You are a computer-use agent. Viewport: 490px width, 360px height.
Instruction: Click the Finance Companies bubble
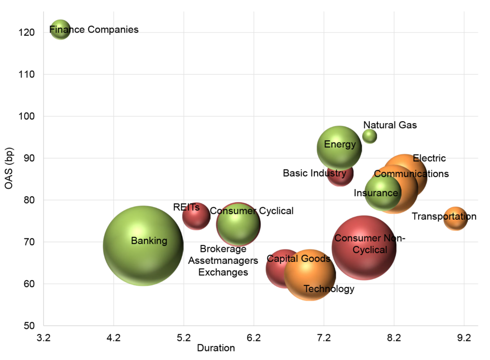coord(60,30)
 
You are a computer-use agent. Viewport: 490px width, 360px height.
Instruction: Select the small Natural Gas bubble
coord(369,136)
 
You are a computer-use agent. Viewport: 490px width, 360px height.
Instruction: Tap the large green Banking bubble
coord(143,246)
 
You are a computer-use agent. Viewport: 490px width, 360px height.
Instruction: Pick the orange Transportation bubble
coord(455,219)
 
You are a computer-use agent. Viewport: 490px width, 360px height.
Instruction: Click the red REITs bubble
coord(196,216)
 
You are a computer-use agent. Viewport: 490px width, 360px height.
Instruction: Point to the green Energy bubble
coord(339,148)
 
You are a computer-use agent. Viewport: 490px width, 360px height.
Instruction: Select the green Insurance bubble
coord(383,193)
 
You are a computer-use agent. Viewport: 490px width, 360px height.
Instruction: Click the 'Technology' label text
coord(329,289)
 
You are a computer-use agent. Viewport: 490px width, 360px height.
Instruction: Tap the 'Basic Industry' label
coord(314,173)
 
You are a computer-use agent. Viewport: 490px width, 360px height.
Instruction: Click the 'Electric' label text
coord(429,158)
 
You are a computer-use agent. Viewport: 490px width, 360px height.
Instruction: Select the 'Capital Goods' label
coord(298,259)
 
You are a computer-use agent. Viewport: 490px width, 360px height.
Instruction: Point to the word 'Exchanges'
coord(223,272)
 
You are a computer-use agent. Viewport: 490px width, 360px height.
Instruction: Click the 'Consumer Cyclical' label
coord(251,211)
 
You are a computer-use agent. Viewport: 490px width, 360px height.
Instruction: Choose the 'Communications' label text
coord(411,174)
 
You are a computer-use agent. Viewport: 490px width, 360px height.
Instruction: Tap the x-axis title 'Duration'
coord(216,348)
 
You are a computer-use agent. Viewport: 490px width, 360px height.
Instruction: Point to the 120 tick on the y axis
coord(27,33)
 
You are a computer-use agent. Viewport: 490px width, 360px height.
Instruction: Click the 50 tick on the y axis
coord(29,326)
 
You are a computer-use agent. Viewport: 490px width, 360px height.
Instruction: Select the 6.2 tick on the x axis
coord(254,337)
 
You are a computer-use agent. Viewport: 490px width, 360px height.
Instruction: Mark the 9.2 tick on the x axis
coord(464,337)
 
